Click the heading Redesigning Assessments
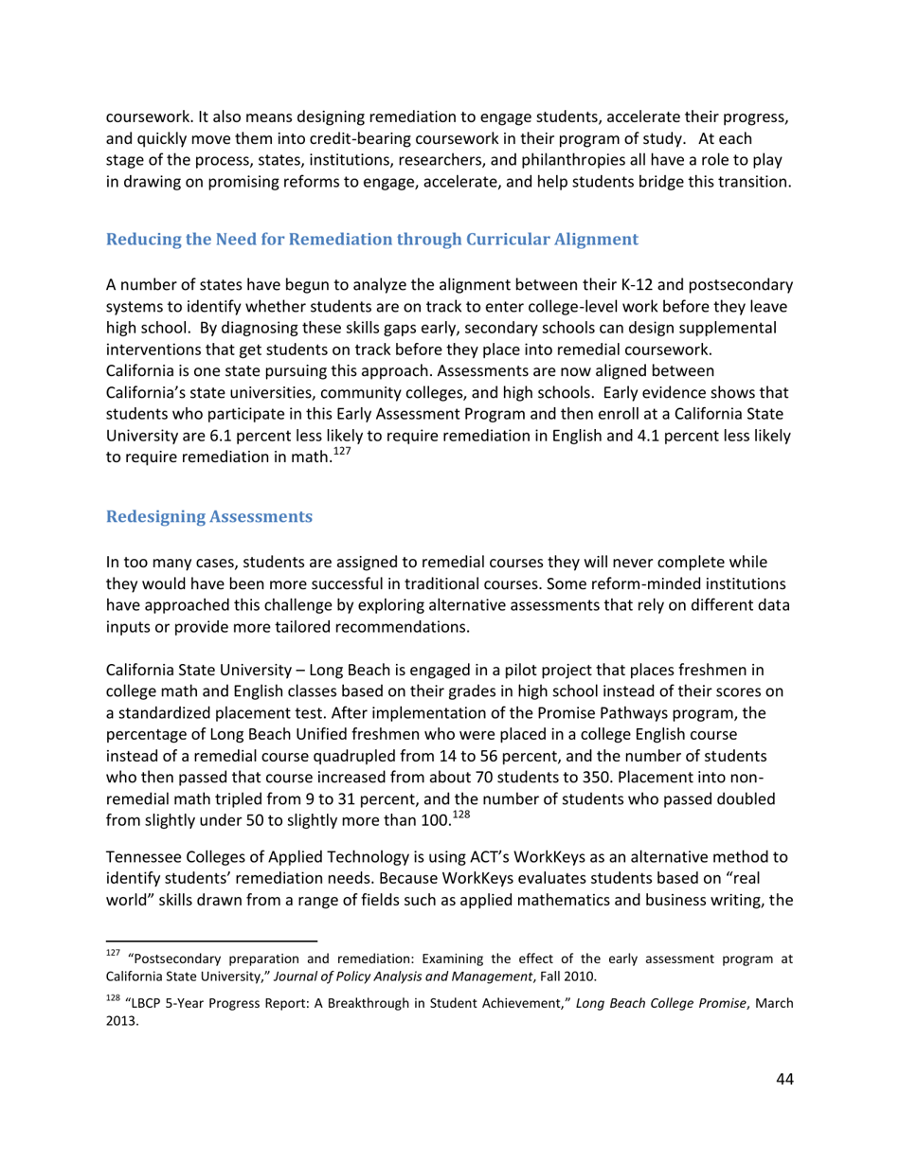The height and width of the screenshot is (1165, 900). coord(208,516)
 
